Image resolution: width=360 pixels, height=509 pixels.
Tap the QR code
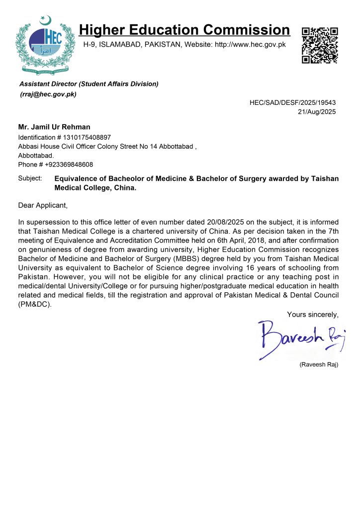320,45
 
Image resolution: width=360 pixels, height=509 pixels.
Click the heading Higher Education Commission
184,30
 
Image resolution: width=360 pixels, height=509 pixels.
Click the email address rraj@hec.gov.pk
48,94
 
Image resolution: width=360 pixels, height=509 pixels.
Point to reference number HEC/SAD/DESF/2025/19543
293,102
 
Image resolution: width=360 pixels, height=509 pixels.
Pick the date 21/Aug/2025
316,112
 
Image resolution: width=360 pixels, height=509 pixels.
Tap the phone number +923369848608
69,165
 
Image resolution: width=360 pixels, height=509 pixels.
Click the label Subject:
30,178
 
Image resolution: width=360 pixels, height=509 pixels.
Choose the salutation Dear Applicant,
42,205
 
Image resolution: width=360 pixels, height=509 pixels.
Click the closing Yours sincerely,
313,314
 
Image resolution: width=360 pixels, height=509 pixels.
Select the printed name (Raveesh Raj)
318,364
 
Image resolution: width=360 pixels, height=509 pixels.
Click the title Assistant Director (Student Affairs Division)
89,84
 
